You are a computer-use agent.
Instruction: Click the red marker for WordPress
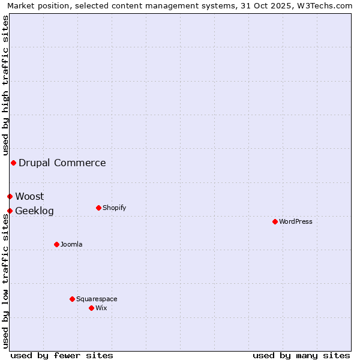click(x=275, y=221)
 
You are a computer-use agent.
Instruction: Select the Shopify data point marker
click(x=98, y=208)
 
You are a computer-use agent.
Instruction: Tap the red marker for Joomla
click(x=56, y=244)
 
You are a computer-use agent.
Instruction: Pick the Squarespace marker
click(x=72, y=299)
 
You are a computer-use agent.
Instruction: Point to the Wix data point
click(x=91, y=308)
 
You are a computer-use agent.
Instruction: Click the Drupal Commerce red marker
click(x=13, y=163)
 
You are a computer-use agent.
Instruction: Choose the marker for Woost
click(x=10, y=196)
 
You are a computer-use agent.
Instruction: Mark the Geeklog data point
click(x=10, y=211)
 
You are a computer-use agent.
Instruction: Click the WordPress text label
click(x=296, y=221)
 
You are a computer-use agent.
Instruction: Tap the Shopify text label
click(x=114, y=208)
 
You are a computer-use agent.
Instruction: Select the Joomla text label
click(x=71, y=244)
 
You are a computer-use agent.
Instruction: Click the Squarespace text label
click(x=97, y=299)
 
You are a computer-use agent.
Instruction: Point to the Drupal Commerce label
click(x=62, y=163)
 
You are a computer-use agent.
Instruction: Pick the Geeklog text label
click(x=34, y=211)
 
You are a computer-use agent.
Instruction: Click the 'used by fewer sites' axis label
click(x=62, y=355)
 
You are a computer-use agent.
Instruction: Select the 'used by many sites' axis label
click(x=301, y=355)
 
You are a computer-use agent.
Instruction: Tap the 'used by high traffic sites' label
click(x=5, y=85)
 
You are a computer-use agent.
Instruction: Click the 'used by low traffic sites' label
click(x=5, y=281)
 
